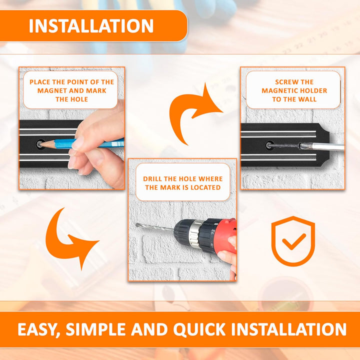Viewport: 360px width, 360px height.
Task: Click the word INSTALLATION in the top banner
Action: pyautogui.click(x=91, y=26)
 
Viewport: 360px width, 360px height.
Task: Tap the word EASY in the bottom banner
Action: pyautogui.click(x=39, y=329)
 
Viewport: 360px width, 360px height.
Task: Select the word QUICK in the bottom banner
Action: pyautogui.click(x=199, y=329)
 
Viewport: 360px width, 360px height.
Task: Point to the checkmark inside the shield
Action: pyautogui.click(x=294, y=242)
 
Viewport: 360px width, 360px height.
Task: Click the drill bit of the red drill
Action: pyautogui.click(x=154, y=227)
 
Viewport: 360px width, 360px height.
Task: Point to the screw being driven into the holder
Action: pyautogui.click(x=283, y=145)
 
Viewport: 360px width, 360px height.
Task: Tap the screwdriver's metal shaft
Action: pyautogui.click(x=322, y=146)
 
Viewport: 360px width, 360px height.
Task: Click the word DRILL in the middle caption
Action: pyautogui.click(x=152, y=179)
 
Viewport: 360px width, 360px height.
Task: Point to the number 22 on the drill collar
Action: pyautogui.click(x=213, y=231)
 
